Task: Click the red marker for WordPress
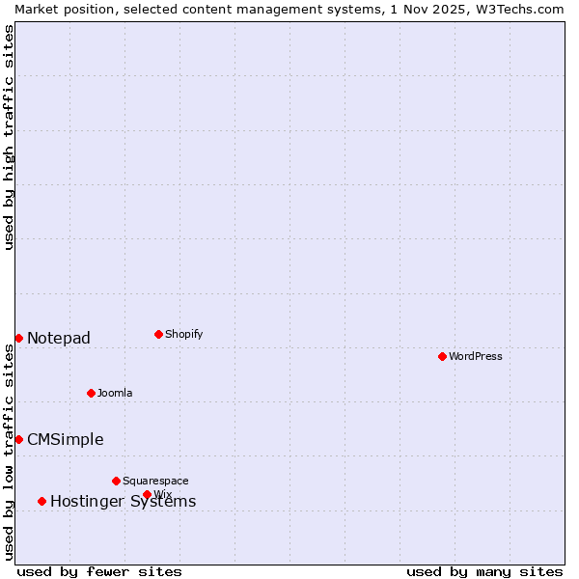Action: click(x=442, y=356)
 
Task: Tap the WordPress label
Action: click(x=476, y=356)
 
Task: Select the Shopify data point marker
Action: click(x=158, y=334)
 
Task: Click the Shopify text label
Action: click(x=184, y=334)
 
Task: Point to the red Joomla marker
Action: click(x=91, y=393)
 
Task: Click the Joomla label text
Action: click(x=115, y=393)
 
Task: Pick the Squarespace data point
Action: click(x=116, y=481)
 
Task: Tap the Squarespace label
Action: click(x=155, y=481)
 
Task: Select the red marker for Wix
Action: click(x=147, y=494)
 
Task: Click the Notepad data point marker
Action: click(x=18, y=338)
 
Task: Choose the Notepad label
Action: click(x=59, y=338)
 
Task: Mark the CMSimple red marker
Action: click(x=18, y=439)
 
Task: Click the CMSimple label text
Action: click(x=65, y=439)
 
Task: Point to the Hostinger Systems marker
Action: click(x=41, y=501)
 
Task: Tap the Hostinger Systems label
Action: click(x=123, y=501)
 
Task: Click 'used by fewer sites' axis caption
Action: click(x=99, y=571)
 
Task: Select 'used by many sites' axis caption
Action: click(x=484, y=571)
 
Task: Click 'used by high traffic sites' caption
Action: click(x=9, y=137)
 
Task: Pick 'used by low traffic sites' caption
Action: click(x=9, y=452)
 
